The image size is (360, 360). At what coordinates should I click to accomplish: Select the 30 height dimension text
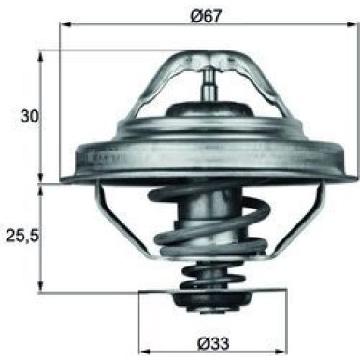tap(29, 116)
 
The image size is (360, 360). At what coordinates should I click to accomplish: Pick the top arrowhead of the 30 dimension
tap(41, 53)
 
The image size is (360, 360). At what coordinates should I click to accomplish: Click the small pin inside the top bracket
tap(208, 86)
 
